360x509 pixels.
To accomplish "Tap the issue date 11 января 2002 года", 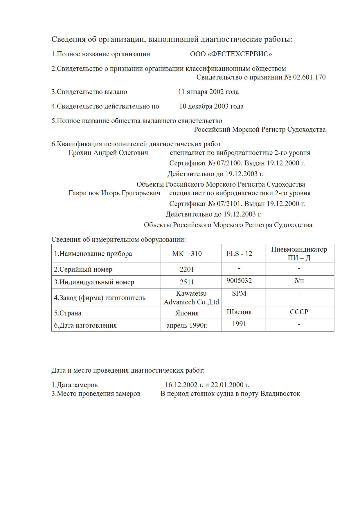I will (x=208, y=92).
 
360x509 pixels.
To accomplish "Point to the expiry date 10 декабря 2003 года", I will (x=211, y=107).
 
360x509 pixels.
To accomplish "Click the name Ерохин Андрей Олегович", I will (x=108, y=153).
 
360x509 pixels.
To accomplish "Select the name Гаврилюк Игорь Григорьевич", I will (x=114, y=193).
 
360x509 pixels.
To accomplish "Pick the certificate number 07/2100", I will (x=225, y=163).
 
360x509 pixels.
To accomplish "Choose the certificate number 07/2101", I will (x=225, y=204).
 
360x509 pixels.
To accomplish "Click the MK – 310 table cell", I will (x=187, y=254).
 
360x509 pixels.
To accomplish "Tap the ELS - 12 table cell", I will (x=239, y=254).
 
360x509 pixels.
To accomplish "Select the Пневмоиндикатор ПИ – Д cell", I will (x=299, y=254).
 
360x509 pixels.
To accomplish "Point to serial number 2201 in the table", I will (x=187, y=270).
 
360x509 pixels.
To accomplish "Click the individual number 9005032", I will (x=239, y=281).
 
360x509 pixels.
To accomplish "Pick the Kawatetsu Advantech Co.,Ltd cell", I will (x=191, y=298).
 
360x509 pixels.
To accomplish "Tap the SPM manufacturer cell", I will (x=239, y=294).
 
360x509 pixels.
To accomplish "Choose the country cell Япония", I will (x=187, y=313).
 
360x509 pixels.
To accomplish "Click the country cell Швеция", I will (x=239, y=312).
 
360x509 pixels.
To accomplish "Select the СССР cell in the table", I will (x=299, y=312).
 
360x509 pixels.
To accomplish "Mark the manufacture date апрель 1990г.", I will (x=187, y=326).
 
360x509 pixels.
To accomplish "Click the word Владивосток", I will (x=280, y=394).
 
